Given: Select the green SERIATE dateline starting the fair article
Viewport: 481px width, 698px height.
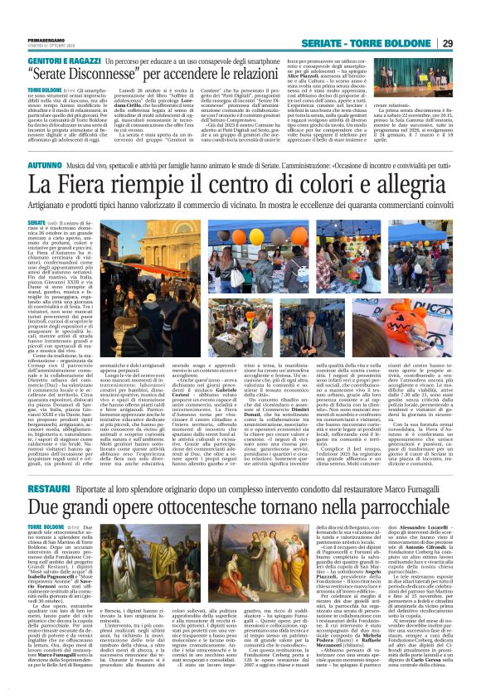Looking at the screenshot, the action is click(x=36, y=223).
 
